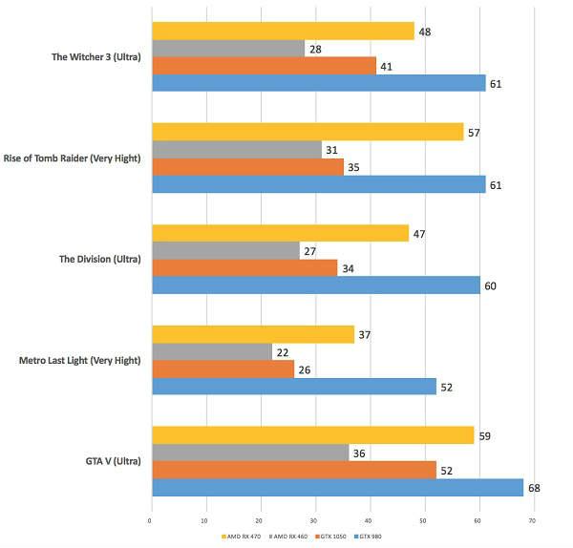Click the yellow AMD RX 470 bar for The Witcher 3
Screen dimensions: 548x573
283,32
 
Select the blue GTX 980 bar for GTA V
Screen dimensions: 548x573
337,488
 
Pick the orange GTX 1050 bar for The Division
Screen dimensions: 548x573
244,268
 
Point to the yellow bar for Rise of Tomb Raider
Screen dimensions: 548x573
308,132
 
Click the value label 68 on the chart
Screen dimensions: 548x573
534,488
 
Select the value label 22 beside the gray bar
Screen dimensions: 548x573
283,351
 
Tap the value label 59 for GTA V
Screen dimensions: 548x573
485,435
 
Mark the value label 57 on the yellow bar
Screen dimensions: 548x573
475,132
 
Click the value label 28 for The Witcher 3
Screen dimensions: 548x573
316,49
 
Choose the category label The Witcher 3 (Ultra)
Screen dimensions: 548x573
96,57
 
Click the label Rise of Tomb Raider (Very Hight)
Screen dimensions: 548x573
73,158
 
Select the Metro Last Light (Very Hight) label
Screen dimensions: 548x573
80,360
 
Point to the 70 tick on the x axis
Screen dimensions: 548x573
532,521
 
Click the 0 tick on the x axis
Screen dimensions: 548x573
150,521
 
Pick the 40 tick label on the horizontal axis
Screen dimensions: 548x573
369,521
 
